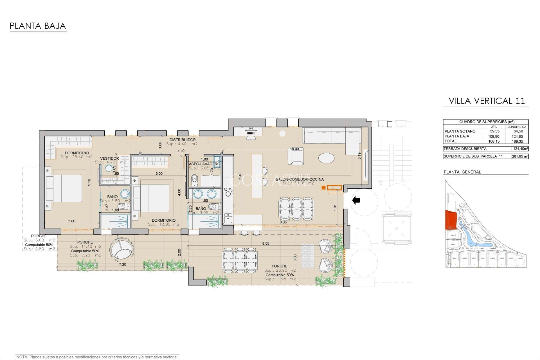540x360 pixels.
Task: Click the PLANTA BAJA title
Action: click(38, 26)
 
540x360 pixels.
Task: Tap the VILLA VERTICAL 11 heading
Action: click(487, 101)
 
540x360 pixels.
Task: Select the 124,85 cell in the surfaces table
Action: click(517, 136)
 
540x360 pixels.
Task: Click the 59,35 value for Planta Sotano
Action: click(494, 131)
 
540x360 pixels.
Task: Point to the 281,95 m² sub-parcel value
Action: click(520, 156)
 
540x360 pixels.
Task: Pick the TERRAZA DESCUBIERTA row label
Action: click(465, 149)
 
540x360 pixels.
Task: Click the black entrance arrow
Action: click(356, 200)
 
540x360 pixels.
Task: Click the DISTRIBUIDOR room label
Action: click(182, 140)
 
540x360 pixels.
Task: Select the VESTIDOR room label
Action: click(109, 158)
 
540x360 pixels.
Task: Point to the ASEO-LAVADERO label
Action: click(204, 164)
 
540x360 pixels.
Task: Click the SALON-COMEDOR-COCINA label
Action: click(299, 179)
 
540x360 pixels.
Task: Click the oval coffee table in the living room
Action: click(326, 158)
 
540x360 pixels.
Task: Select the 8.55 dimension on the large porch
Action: click(265, 244)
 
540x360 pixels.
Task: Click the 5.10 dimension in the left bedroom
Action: click(89, 182)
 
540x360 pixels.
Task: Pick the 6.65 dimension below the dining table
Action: click(283, 222)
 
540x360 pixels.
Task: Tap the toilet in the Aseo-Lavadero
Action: click(194, 180)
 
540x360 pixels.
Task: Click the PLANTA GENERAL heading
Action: click(462, 172)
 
